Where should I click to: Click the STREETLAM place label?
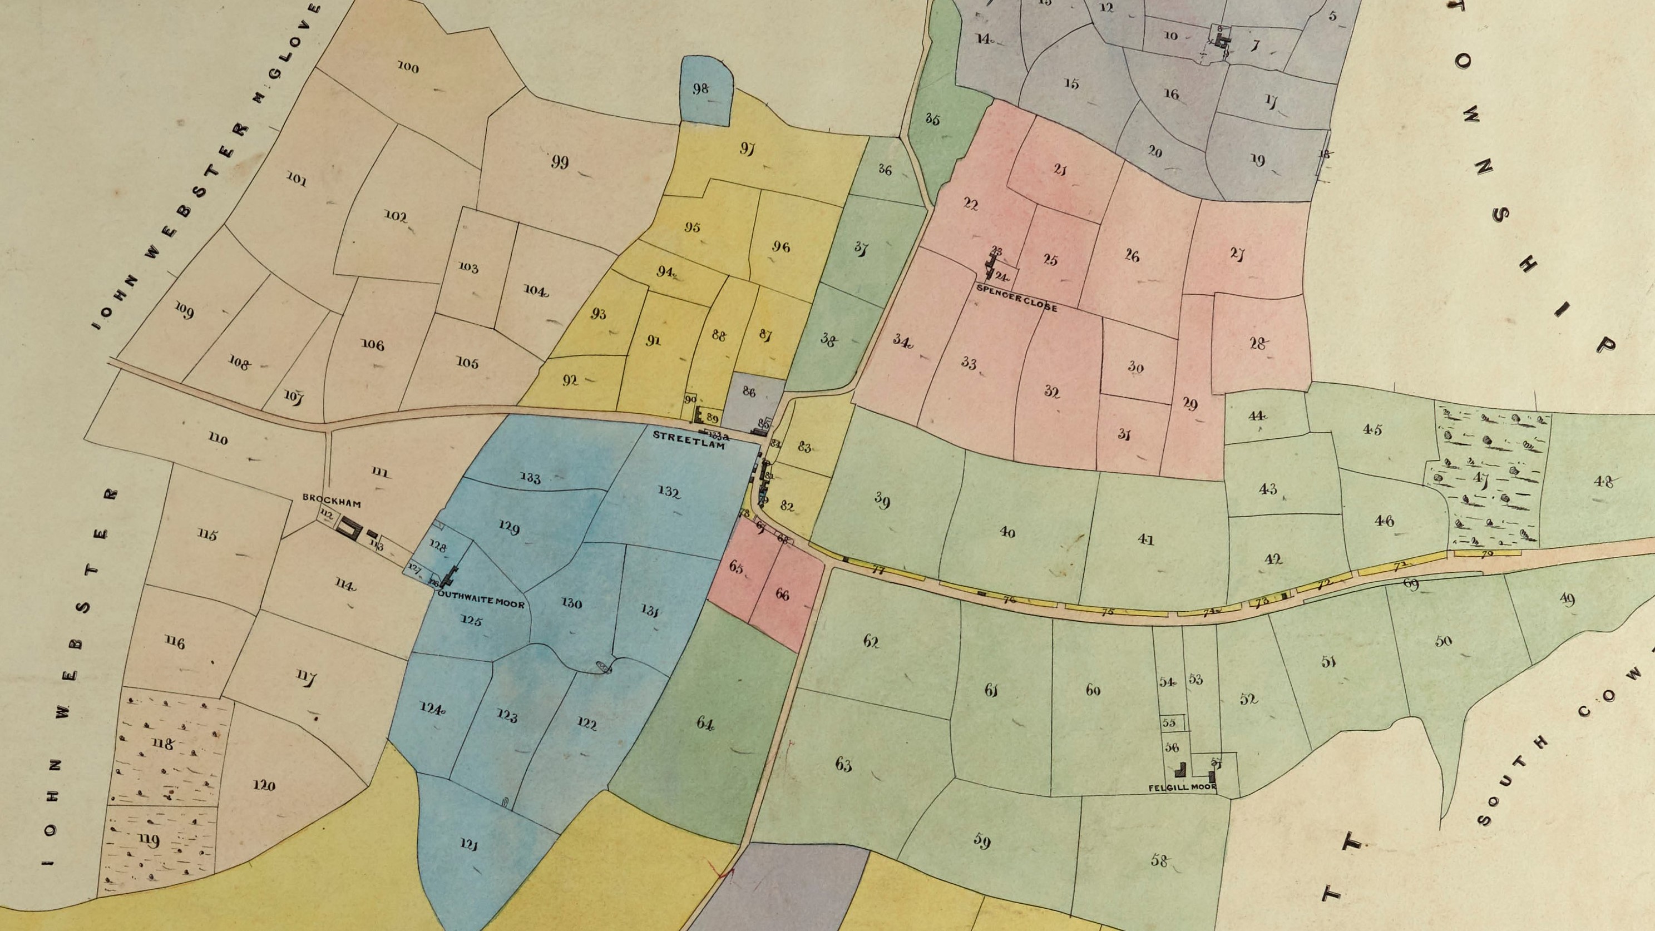point(689,439)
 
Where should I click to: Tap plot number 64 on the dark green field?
point(705,724)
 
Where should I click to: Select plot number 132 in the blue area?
point(669,492)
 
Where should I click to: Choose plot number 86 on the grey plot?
point(748,392)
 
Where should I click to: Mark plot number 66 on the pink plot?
point(782,595)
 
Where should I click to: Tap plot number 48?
point(1604,481)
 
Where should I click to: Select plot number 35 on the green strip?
point(933,120)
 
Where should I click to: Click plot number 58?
point(1159,861)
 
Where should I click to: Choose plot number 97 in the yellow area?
point(747,151)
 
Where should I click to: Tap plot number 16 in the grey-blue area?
point(1171,95)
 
